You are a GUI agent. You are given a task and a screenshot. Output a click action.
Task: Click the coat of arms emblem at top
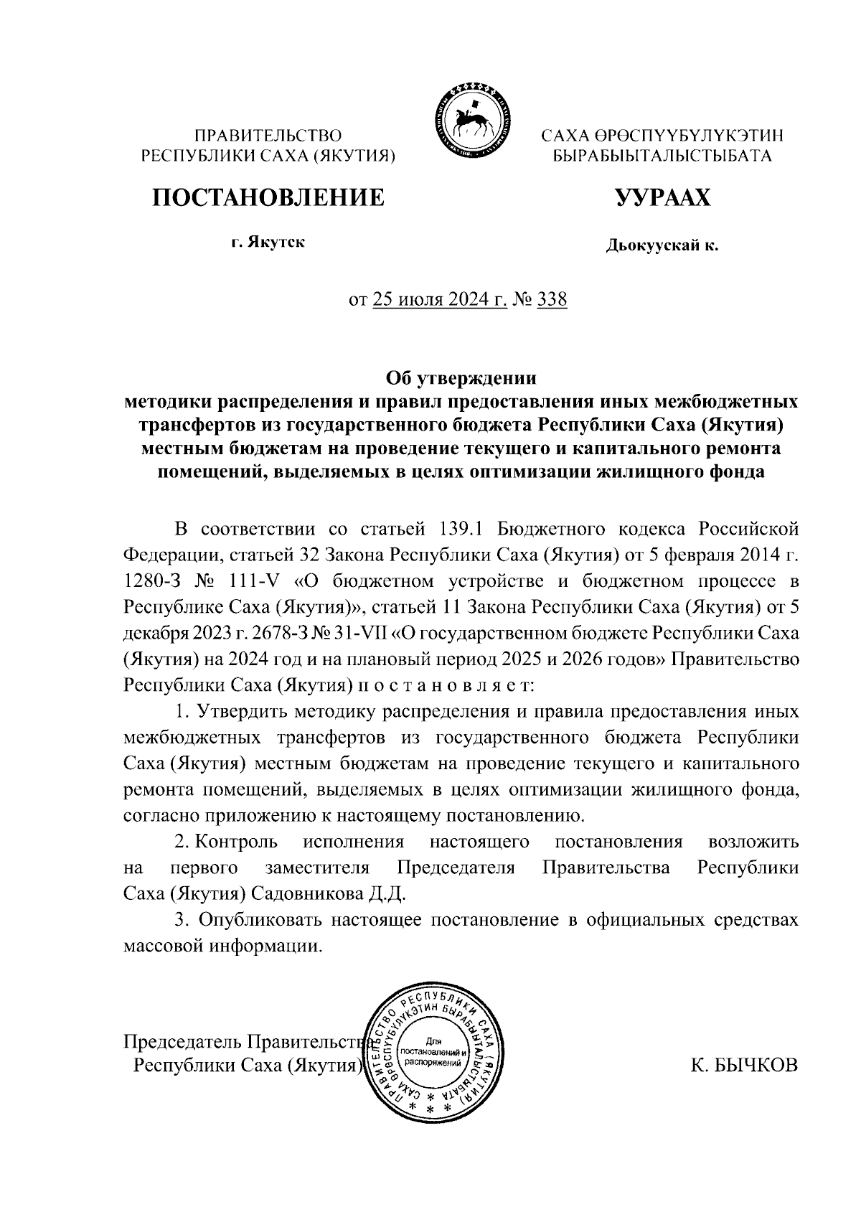pos(470,121)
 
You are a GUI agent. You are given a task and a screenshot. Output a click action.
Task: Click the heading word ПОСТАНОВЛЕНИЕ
pos(268,197)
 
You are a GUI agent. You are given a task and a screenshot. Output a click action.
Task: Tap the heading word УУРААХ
pos(662,197)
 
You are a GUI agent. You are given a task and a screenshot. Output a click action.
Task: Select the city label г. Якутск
pos(268,242)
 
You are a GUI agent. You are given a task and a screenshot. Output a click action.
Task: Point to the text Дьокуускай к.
pos(662,247)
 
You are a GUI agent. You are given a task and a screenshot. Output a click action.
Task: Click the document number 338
pos(552,299)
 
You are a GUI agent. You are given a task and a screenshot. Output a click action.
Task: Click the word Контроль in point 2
pos(236,842)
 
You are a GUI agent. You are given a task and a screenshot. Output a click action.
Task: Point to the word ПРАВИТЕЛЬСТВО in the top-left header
pos(268,135)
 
